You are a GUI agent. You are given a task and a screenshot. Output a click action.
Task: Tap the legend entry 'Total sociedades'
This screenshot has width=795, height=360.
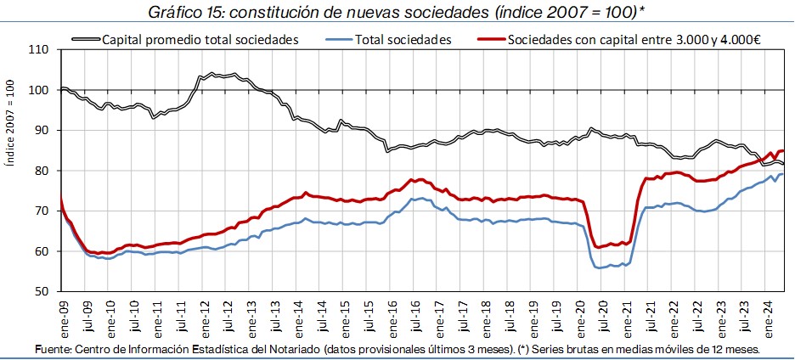click(x=403, y=39)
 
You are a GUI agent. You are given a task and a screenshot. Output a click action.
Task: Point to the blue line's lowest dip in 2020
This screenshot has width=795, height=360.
click(x=599, y=267)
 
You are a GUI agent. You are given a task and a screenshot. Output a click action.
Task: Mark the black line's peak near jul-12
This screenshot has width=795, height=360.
click(x=211, y=75)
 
